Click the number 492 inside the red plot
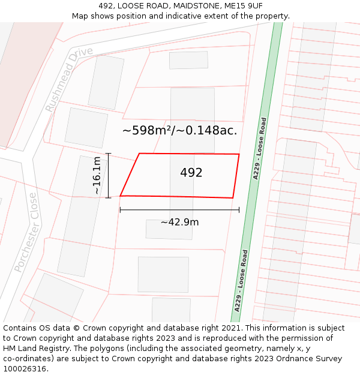[191, 173]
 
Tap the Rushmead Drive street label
[69, 79]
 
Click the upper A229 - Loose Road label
[260, 148]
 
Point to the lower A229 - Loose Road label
[241, 280]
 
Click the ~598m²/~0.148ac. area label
[179, 130]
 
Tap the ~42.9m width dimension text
[179, 222]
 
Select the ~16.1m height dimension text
[97, 175]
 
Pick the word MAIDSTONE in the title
[190, 6]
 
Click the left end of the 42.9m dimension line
[121, 210]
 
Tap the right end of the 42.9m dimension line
[239, 210]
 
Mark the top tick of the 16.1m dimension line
[108, 154]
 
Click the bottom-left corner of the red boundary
[121, 196]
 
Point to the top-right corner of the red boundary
[239, 154]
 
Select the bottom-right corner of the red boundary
[233, 198]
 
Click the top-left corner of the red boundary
[140, 154]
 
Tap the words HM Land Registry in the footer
[32, 349]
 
